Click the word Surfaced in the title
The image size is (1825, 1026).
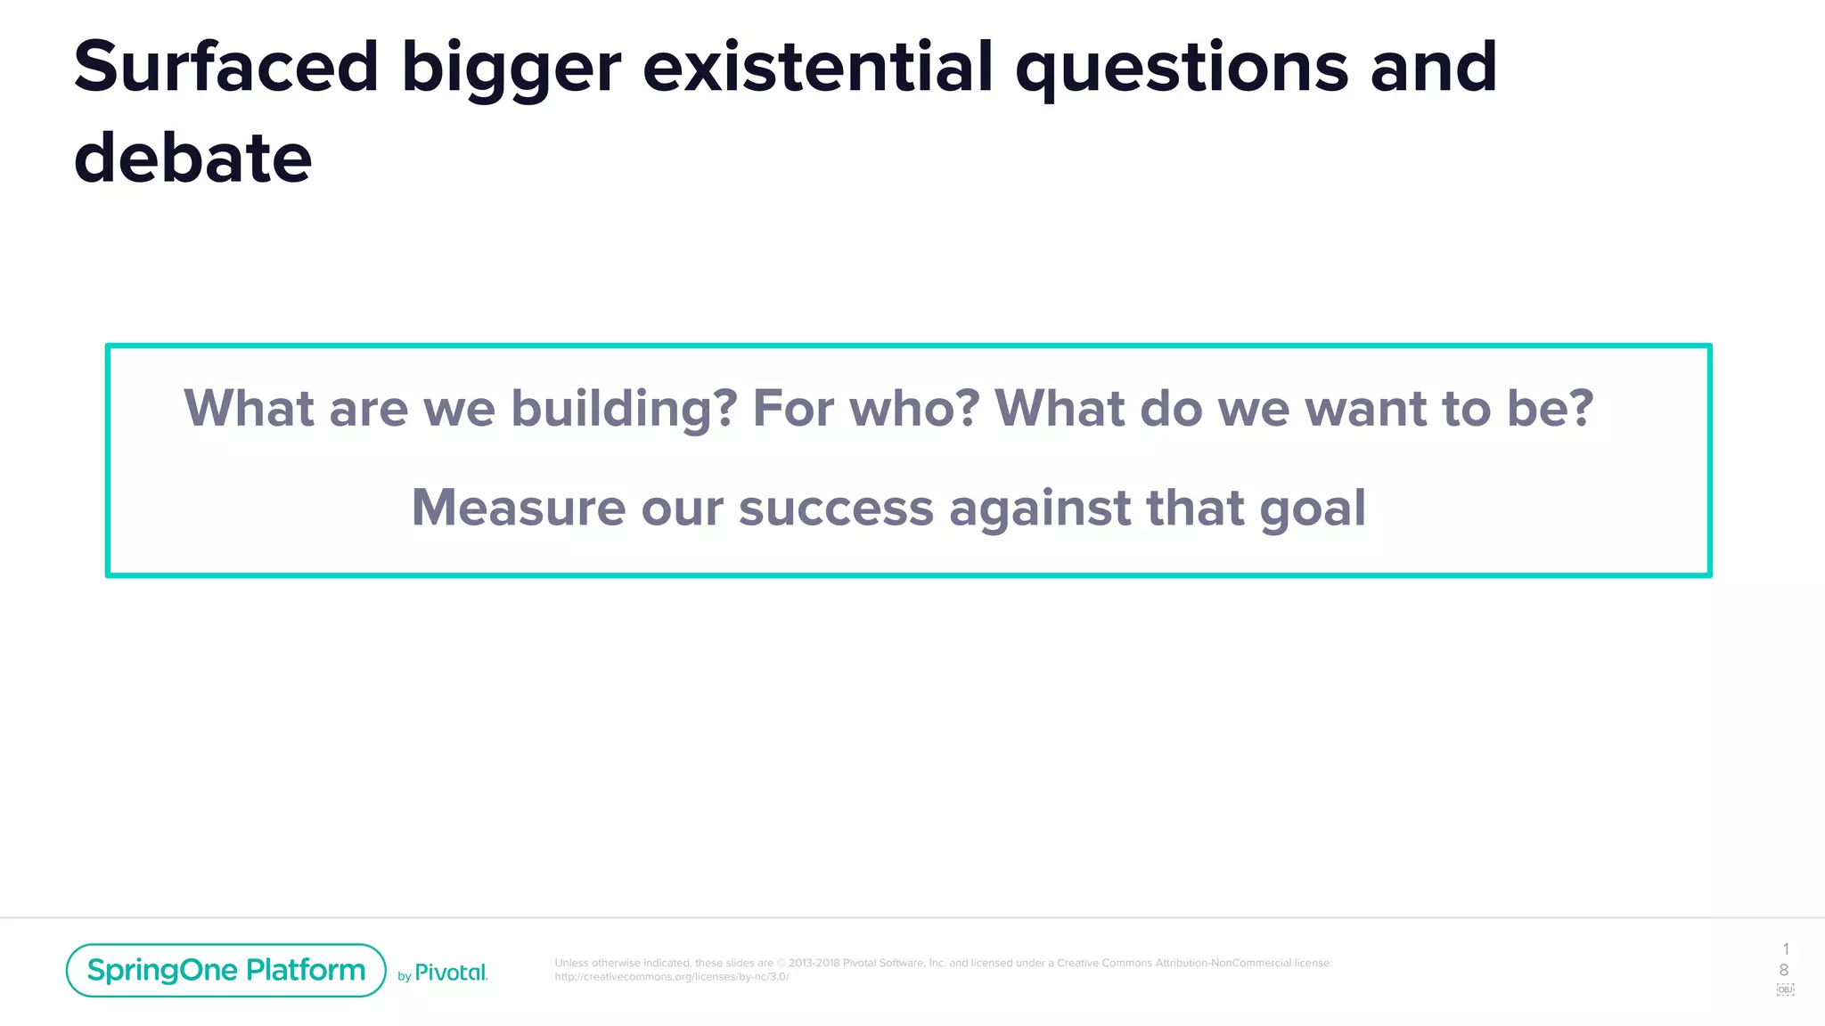[x=226, y=68]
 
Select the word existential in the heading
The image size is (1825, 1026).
[x=817, y=68]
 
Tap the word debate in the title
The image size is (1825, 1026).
[x=192, y=159]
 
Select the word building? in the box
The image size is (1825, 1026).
[x=624, y=409]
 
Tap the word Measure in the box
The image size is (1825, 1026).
[x=518, y=508]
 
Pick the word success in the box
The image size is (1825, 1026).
[x=836, y=509]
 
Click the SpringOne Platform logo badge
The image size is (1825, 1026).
[x=225, y=970]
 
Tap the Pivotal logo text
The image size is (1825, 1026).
[x=451, y=973]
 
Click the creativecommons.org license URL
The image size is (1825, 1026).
[x=671, y=977]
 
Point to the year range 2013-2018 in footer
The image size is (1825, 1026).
[x=813, y=963]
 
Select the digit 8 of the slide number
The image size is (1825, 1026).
[x=1783, y=970]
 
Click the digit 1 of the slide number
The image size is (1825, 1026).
[x=1785, y=949]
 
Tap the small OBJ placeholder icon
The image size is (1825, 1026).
[x=1785, y=989]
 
